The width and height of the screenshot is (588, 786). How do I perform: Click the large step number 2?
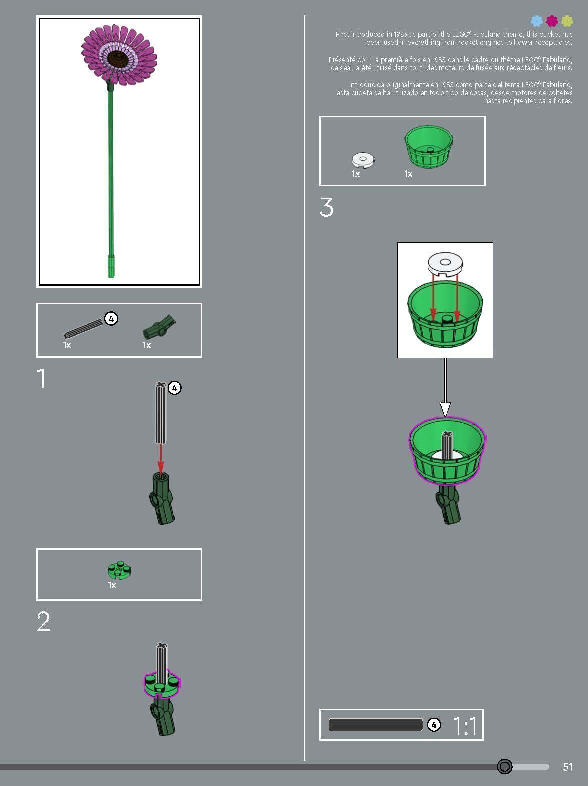pyautogui.click(x=44, y=621)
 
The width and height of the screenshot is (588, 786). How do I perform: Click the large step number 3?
pyautogui.click(x=326, y=207)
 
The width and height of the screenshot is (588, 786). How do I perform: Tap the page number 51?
pyautogui.click(x=567, y=767)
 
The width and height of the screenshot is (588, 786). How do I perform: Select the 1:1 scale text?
pyautogui.click(x=465, y=726)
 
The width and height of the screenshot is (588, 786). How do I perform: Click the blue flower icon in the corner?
pyautogui.click(x=537, y=21)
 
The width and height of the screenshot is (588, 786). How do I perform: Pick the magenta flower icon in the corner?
pyautogui.click(x=552, y=21)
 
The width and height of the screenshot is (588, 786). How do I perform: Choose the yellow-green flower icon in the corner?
pyautogui.click(x=567, y=21)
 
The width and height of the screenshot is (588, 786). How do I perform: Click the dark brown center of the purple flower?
pyautogui.click(x=118, y=58)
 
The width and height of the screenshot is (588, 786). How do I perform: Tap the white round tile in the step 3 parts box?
pyautogui.click(x=363, y=160)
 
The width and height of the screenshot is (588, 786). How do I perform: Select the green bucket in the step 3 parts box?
pyautogui.click(x=429, y=146)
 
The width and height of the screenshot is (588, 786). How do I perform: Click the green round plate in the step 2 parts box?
pyautogui.click(x=119, y=570)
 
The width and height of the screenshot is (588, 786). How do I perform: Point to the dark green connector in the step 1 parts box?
pyautogui.click(x=159, y=327)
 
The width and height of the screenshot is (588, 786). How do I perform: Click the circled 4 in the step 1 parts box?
pyautogui.click(x=111, y=319)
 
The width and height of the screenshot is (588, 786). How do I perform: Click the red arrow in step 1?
pyautogui.click(x=161, y=460)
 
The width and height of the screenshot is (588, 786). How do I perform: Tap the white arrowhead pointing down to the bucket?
pyautogui.click(x=445, y=409)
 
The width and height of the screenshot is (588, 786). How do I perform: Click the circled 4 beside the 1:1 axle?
pyautogui.click(x=434, y=725)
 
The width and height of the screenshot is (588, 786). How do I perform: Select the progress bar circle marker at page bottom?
pyautogui.click(x=505, y=766)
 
